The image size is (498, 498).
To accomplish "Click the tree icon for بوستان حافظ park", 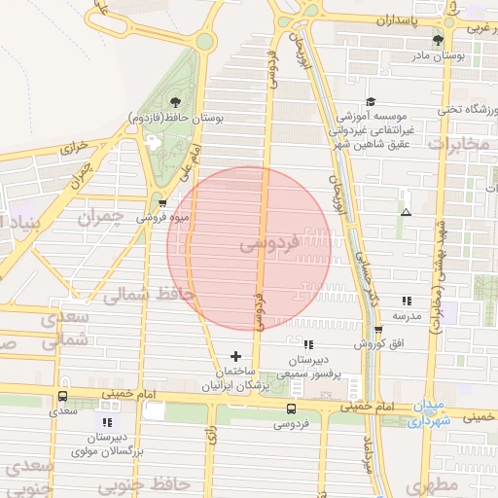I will (175, 101).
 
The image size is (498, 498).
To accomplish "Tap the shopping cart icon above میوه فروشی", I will (148, 202).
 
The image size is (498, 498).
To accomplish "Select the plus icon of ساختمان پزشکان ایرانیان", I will (234, 356).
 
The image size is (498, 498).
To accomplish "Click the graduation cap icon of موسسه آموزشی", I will (371, 101).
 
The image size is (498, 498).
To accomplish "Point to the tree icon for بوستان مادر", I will (438, 40).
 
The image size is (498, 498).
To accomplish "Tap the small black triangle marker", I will (406, 212).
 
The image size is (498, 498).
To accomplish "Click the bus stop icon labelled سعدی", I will (63, 397).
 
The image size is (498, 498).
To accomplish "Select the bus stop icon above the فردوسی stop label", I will (291, 409).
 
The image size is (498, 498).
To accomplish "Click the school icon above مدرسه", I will (407, 302).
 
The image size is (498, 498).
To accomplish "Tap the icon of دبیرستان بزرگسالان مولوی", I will (107, 422).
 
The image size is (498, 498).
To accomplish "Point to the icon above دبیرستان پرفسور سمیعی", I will (308, 344).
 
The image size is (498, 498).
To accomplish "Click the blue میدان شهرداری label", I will (428, 412).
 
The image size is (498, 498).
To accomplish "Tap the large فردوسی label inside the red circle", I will (261, 249).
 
